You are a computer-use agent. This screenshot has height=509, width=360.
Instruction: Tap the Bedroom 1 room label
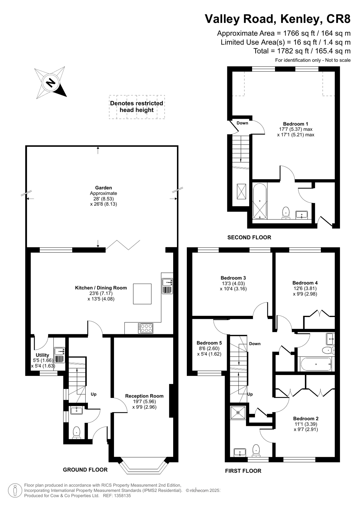click(x=295, y=124)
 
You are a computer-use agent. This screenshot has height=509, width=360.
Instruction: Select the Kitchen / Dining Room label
click(x=101, y=288)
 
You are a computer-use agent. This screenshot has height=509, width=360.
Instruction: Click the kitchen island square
click(x=142, y=294)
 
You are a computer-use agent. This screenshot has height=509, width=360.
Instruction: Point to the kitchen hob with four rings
click(x=145, y=328)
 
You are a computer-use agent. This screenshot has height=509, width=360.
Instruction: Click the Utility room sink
click(x=60, y=355)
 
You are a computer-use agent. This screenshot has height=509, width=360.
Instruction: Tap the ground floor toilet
click(x=76, y=433)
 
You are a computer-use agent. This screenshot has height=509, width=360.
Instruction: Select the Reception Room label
click(x=144, y=396)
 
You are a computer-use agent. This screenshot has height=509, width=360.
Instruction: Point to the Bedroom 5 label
click(x=209, y=343)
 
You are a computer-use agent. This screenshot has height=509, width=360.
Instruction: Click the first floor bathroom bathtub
click(x=316, y=364)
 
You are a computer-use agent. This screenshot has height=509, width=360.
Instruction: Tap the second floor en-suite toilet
click(x=286, y=213)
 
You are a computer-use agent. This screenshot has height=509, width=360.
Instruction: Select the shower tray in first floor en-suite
click(x=238, y=413)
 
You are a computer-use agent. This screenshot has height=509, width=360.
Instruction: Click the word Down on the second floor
click(x=242, y=123)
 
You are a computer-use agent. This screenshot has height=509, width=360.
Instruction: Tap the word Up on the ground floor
click(x=94, y=394)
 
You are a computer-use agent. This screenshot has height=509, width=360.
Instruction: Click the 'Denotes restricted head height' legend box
click(x=137, y=107)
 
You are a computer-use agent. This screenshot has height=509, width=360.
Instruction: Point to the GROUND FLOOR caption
click(x=85, y=470)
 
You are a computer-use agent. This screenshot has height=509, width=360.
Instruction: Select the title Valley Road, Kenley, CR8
click(x=278, y=19)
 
